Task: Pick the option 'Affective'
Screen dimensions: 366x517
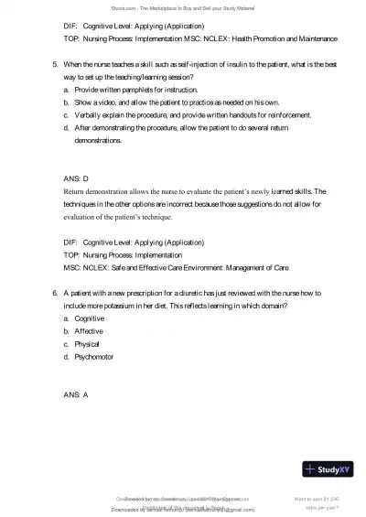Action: pos(89,330)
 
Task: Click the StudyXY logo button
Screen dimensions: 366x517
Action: pos(334,470)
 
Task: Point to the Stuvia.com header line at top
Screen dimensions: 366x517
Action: pos(182,7)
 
